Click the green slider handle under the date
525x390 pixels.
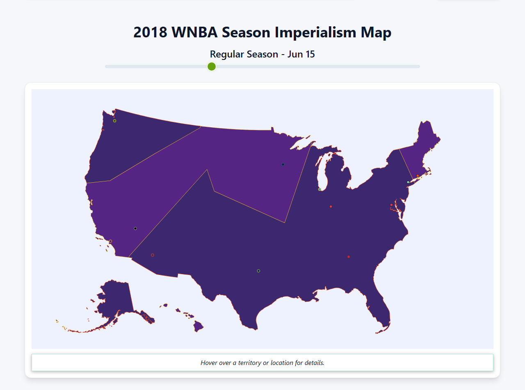point(212,67)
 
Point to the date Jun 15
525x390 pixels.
point(301,54)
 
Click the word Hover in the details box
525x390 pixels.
point(209,363)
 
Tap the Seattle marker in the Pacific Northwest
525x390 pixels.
point(115,121)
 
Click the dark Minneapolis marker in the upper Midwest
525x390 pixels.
point(283,165)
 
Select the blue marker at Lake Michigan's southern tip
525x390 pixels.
point(320,189)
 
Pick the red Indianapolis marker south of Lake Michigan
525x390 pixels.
point(331,206)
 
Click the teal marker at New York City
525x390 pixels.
point(408,182)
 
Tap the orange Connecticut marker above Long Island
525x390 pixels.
point(418,176)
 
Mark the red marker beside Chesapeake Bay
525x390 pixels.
point(391,205)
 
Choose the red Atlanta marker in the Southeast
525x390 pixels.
point(349,257)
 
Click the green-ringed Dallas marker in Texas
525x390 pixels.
point(258,271)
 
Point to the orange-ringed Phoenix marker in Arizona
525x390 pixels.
point(153,255)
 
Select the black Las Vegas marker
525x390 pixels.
point(135,228)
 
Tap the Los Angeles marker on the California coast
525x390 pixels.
point(110,241)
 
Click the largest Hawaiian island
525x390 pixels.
point(199,327)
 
